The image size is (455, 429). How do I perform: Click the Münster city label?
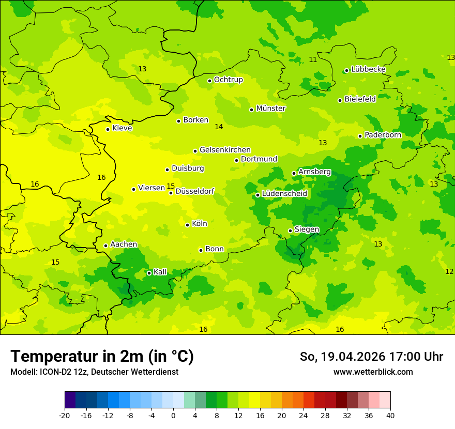click(270, 109)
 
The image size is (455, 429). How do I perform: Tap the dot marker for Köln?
click(187, 225)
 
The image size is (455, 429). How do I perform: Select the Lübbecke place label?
click(368, 69)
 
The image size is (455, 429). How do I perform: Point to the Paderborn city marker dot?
click(360, 136)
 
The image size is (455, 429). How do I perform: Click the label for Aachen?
click(124, 244)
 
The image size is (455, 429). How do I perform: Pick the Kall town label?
click(160, 272)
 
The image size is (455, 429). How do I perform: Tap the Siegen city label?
click(307, 229)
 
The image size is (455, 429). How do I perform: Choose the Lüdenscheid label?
click(284, 194)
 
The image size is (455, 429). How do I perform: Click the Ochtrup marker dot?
click(209, 81)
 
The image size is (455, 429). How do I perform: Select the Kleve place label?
click(122, 128)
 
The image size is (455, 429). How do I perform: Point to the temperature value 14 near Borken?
click(219, 127)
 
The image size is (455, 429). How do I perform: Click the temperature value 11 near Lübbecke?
click(313, 59)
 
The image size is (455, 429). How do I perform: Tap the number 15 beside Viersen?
click(171, 186)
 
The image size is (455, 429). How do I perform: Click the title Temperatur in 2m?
click(102, 356)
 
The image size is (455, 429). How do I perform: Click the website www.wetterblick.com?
click(373, 372)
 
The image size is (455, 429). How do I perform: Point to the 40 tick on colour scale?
click(390, 415)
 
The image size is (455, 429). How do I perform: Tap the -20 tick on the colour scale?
click(65, 415)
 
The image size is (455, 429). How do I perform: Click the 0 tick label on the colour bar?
click(173, 415)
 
